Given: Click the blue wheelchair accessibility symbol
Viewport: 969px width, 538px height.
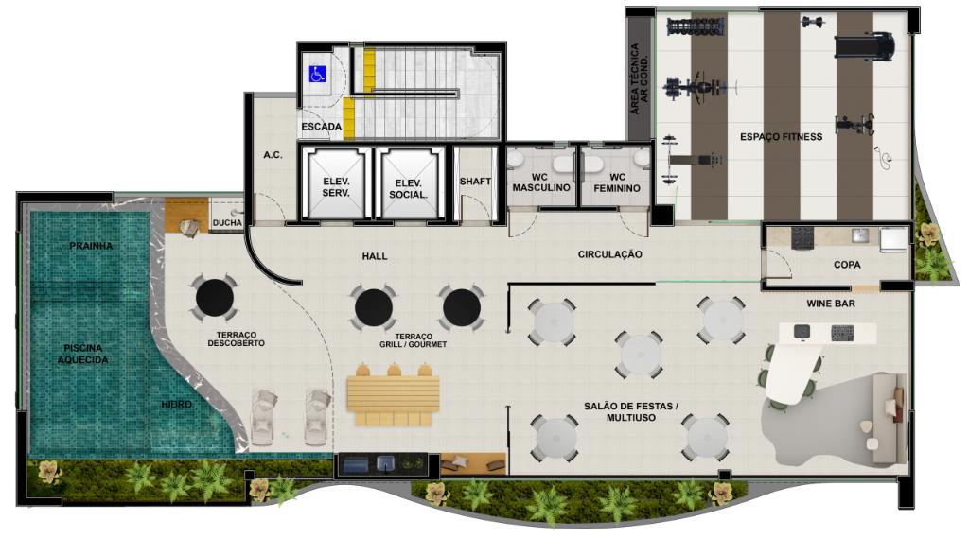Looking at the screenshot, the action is (x=317, y=74).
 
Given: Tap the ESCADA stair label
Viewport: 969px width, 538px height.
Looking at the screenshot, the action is (x=322, y=127).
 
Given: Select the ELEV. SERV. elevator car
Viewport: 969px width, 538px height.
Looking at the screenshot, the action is (x=336, y=183).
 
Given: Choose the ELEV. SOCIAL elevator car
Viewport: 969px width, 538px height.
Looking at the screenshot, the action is (x=409, y=183).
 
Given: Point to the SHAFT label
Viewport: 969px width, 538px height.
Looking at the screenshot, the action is (x=475, y=181).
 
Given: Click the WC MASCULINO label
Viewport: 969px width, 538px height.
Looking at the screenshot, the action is (x=541, y=182).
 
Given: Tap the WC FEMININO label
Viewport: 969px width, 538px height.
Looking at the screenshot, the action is (x=617, y=182).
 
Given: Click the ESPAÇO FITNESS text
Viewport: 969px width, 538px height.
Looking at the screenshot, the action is (x=781, y=136).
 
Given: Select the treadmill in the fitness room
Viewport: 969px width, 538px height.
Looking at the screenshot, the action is (x=865, y=46).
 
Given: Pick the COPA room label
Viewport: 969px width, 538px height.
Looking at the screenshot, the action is (x=847, y=265).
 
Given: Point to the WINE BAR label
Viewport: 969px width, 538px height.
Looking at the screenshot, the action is (x=831, y=304).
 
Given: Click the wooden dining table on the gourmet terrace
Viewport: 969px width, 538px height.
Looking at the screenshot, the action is (x=393, y=394).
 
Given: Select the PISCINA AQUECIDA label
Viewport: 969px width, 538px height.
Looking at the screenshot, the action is (x=83, y=354).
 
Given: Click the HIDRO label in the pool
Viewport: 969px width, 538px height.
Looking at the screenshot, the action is (x=177, y=404).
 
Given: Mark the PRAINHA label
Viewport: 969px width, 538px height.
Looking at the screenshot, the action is (x=91, y=246).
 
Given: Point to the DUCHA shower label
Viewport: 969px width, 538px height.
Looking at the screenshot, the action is (x=227, y=222).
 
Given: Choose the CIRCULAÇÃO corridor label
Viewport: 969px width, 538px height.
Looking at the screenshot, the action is (x=610, y=253).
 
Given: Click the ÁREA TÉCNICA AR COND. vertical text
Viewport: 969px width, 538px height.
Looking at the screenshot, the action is (x=640, y=78).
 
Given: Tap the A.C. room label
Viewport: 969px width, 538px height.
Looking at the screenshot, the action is (x=273, y=154).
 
